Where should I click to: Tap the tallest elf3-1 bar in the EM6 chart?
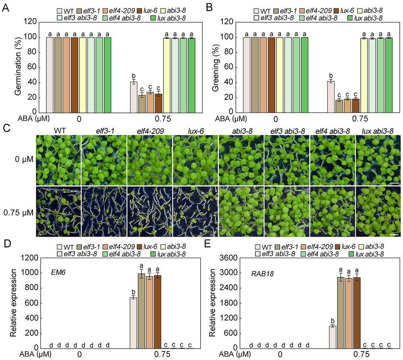[x=141, y=311]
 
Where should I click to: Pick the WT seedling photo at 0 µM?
[x=58, y=160]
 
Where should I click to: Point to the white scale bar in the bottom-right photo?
[x=394, y=233]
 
